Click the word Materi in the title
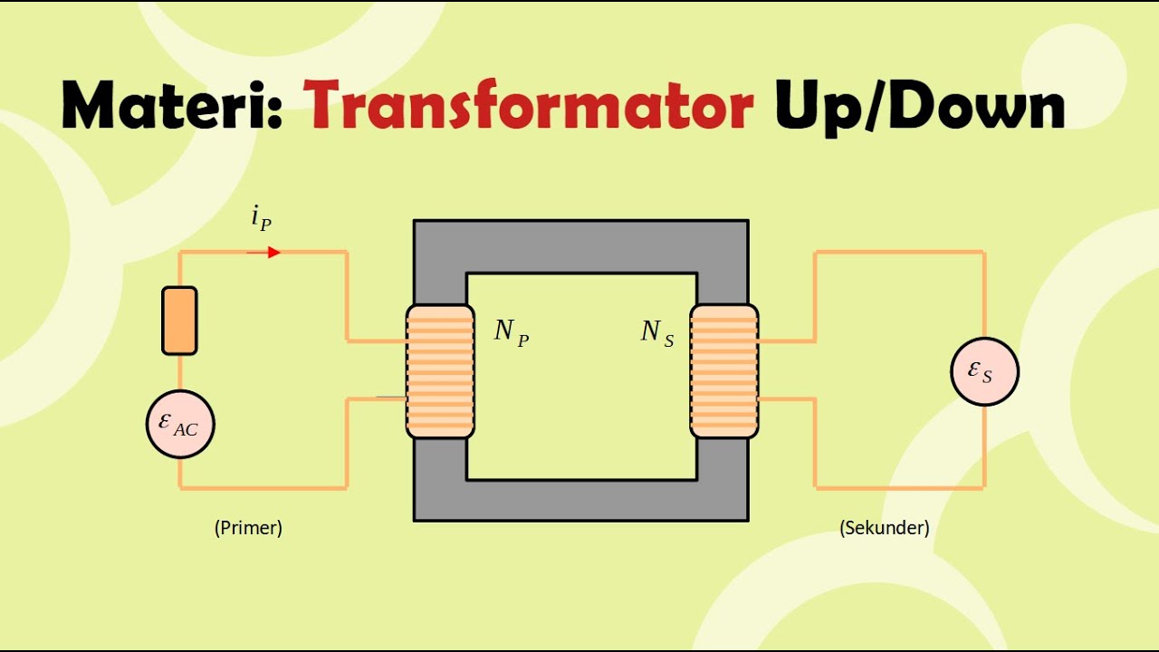coord(163,108)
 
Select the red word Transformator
coord(528,108)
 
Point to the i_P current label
coord(261,219)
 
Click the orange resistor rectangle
coord(179,321)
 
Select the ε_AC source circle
coord(180,424)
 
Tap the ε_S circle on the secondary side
coord(984,371)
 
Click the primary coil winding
coord(440,372)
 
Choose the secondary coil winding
coord(724,372)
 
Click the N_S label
coord(657,332)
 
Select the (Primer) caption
coord(248,528)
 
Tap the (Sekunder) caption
coord(885,528)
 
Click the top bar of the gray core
coord(580,245)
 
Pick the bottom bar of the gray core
coord(580,500)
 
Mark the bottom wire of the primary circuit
coord(263,488)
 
